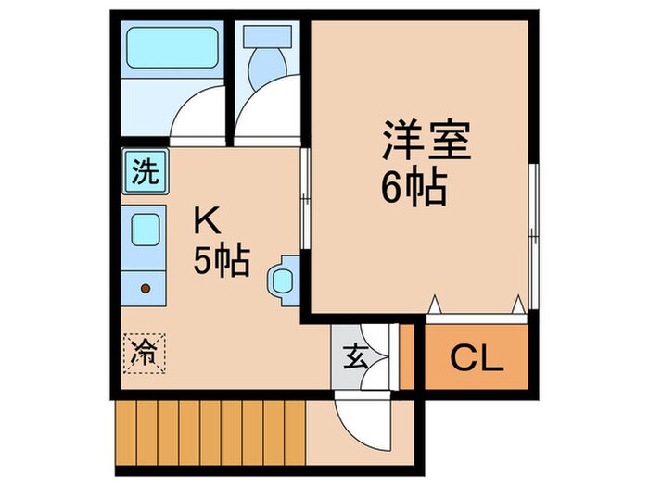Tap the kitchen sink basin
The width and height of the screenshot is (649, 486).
click(x=145, y=230)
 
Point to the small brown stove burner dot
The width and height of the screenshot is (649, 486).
click(x=145, y=288)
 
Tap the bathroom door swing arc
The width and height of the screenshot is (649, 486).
click(x=197, y=116)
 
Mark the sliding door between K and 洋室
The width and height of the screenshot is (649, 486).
click(x=304, y=199)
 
